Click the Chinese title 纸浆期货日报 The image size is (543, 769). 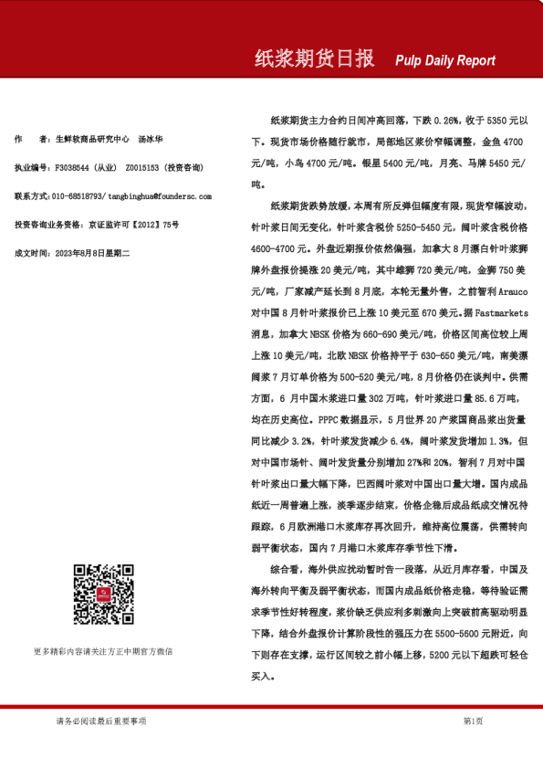pos(314,59)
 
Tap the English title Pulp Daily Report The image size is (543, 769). pos(445,61)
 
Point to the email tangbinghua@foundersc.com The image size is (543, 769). pos(160,196)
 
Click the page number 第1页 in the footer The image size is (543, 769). pos(473,722)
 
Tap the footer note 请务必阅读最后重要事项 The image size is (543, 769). pos(100,722)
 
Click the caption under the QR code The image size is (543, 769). pos(103,651)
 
